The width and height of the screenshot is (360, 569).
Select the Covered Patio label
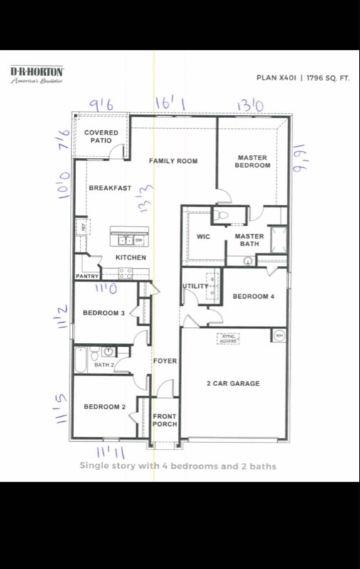101,137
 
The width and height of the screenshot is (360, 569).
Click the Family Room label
173,161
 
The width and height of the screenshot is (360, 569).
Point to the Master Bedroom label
254,161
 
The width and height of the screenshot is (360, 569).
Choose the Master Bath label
249,240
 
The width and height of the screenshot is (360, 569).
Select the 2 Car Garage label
233,383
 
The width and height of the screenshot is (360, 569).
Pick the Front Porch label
165,420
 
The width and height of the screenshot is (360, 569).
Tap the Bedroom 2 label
104,407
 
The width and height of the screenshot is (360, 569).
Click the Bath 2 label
104,365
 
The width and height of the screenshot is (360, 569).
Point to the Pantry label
86,276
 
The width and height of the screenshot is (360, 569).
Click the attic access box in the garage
228,339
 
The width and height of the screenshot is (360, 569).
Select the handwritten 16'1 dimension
170,105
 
